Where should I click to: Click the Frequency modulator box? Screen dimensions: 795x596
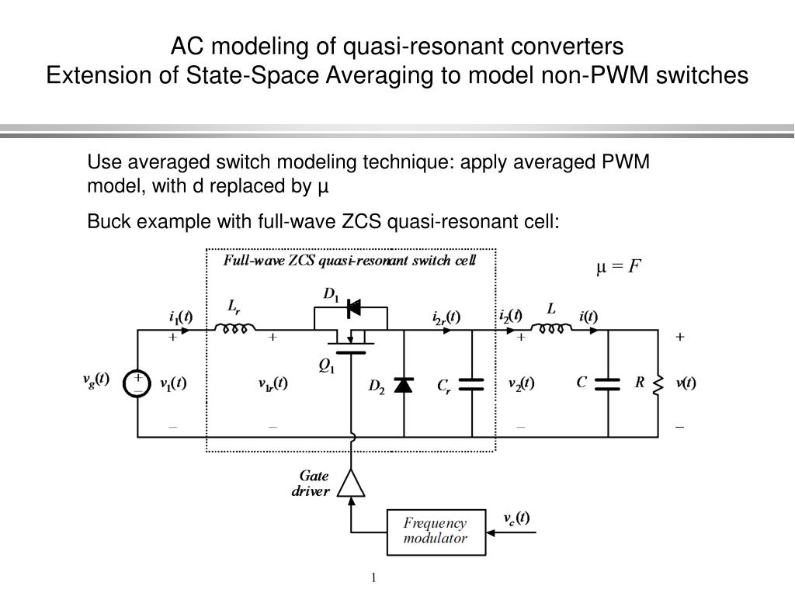click(436, 532)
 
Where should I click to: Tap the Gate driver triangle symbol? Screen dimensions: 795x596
click(351, 483)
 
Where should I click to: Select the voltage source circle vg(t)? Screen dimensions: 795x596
click(137, 383)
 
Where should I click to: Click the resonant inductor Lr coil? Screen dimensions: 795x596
click(234, 328)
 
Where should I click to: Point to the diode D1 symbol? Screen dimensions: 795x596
click(354, 307)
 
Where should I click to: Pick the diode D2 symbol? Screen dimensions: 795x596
click(404, 385)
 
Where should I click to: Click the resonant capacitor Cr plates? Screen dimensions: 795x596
click(471, 385)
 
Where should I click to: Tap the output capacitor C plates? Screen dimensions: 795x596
click(607, 384)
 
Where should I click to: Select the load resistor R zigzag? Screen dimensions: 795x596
click(658, 385)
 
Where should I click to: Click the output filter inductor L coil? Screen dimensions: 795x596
click(551, 328)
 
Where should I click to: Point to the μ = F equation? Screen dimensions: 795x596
click(619, 266)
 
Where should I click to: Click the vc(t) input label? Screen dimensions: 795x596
click(516, 518)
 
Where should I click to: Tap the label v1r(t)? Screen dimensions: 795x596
click(273, 383)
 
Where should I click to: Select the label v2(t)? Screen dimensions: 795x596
click(521, 383)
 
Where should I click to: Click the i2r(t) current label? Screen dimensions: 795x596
click(446, 317)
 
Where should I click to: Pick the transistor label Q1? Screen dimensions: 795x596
click(327, 366)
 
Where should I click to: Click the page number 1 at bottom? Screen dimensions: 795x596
click(373, 577)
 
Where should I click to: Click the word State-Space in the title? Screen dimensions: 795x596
click(252, 75)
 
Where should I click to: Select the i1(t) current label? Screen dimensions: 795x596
click(180, 317)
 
